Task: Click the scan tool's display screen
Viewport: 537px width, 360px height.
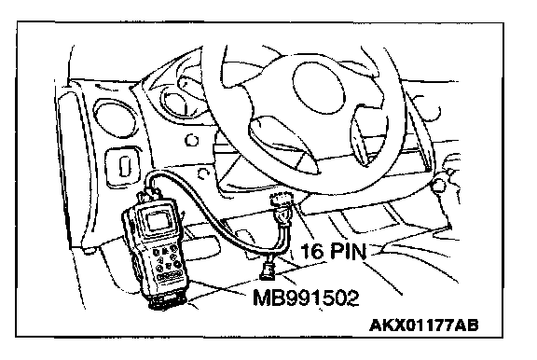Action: tap(158, 221)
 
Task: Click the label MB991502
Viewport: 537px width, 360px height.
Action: tap(306, 298)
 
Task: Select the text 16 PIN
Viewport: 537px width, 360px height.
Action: tap(333, 251)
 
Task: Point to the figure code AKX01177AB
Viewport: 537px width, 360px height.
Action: tap(424, 325)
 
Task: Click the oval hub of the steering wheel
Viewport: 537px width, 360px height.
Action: tap(318, 88)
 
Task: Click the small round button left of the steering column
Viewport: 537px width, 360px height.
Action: tap(191, 140)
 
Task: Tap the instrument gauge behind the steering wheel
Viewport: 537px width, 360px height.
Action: tap(175, 100)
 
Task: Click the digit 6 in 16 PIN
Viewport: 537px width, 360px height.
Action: tap(317, 251)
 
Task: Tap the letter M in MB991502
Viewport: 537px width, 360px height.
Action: tap(262, 298)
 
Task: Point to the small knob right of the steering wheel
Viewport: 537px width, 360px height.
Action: tap(439, 186)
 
